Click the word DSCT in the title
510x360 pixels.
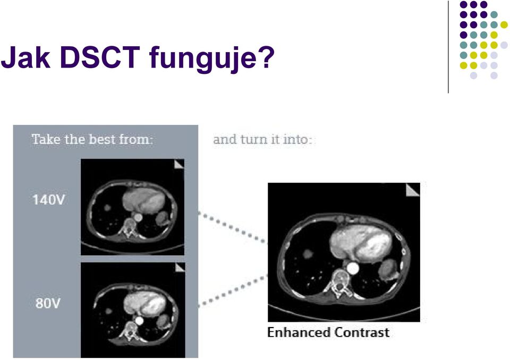coord(100,57)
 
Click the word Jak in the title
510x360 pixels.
coord(25,57)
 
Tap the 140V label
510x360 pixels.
coord(49,199)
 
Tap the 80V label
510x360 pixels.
coord(48,303)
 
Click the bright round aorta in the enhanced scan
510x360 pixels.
coord(353,269)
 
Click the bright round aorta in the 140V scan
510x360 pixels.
coord(138,217)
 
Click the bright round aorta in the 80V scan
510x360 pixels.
coord(139,321)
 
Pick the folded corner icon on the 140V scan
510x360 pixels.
coord(179,164)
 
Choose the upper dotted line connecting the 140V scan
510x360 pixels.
coord(233,228)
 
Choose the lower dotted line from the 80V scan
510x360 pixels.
coord(233,291)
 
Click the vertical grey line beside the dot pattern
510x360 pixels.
coord(448,47)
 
